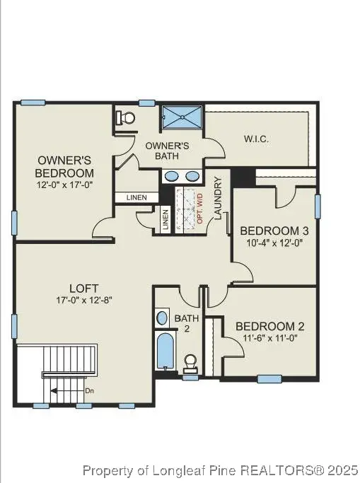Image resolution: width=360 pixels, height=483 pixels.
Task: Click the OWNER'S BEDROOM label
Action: click(64, 166)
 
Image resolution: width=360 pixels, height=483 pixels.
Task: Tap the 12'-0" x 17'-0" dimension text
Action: click(64, 184)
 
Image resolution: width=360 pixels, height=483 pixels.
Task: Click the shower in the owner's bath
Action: click(182, 118)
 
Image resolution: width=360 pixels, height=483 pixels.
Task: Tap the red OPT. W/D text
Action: click(199, 209)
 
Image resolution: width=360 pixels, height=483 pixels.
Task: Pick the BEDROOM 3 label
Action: click(274, 231)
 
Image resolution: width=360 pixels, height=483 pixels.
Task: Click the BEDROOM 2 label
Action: click(269, 326)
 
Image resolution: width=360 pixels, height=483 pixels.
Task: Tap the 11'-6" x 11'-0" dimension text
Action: click(269, 339)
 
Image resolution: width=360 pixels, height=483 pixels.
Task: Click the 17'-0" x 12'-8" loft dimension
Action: click(79, 300)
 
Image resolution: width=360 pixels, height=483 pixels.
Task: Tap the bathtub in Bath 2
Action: click(165, 351)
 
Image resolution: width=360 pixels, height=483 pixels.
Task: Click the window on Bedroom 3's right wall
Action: click(317, 206)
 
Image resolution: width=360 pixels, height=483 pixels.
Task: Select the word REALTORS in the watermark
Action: click(276, 470)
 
